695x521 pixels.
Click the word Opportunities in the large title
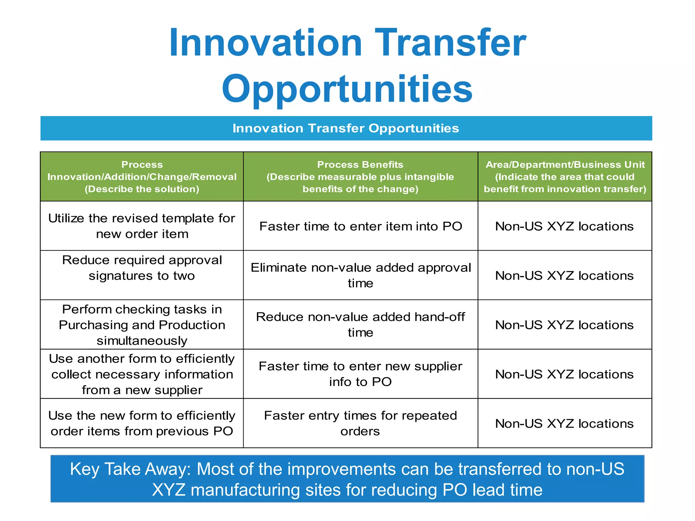click(x=347, y=89)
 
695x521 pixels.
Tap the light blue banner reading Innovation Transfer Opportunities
click(x=346, y=129)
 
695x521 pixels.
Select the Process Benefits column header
click(x=360, y=177)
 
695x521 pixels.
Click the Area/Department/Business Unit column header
click(x=565, y=177)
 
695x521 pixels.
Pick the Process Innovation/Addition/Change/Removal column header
click(x=142, y=177)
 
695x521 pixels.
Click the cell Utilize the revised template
click(x=142, y=226)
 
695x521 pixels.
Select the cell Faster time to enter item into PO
click(x=360, y=226)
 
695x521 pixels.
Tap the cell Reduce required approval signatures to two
click(x=142, y=268)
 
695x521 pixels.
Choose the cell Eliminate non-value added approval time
click(x=360, y=275)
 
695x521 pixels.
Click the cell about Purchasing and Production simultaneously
click(x=142, y=325)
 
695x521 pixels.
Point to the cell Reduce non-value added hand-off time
click(x=360, y=325)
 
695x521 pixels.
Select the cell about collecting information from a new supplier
click(x=142, y=374)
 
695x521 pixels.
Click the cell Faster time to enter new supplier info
click(x=360, y=374)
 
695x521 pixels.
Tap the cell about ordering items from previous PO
click(x=142, y=423)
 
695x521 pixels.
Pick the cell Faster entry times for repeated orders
click(x=360, y=423)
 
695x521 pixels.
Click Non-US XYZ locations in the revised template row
click(x=564, y=226)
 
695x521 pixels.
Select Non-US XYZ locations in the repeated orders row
click(x=564, y=424)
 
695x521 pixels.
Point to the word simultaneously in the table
click(x=142, y=341)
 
